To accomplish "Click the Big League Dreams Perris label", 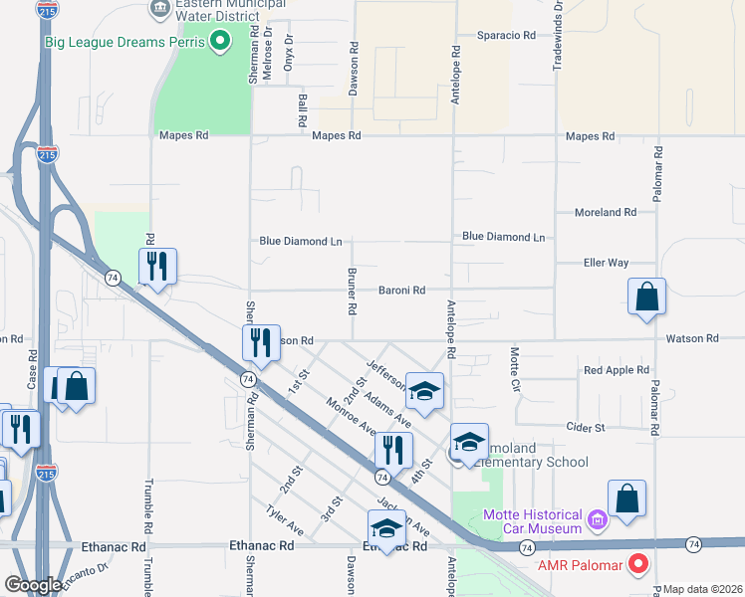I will [124, 42].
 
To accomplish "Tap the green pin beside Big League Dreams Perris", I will [221, 42].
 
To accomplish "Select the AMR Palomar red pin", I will [638, 565].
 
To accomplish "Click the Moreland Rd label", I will [606, 212].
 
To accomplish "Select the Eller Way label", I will [606, 263].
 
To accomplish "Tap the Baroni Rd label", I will [401, 291].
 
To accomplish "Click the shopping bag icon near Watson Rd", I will [646, 297].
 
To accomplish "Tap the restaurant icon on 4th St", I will [393, 450].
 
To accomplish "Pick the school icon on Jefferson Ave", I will [424, 390].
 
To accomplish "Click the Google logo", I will [33, 585].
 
